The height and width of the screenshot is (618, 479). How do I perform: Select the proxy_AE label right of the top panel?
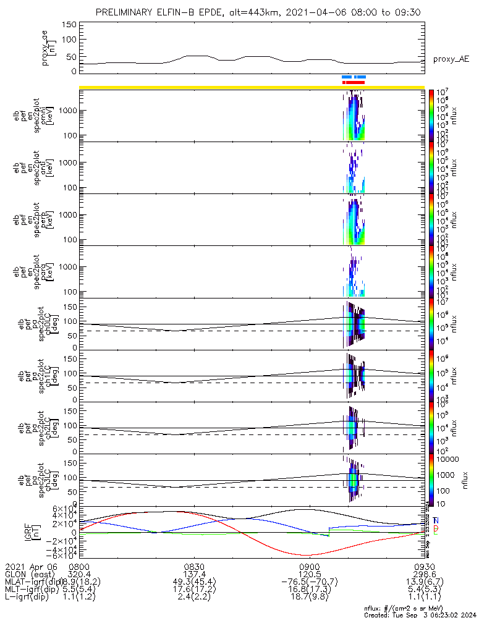(x=451, y=59)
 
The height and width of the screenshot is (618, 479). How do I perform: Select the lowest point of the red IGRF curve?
(x=307, y=555)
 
